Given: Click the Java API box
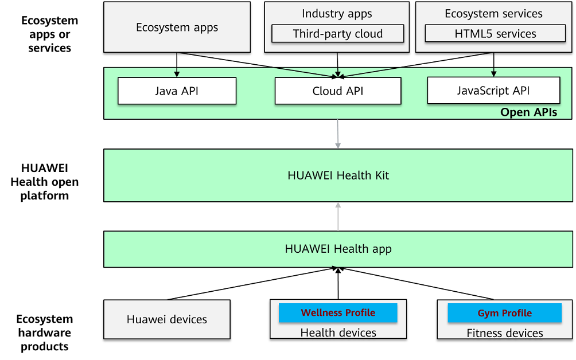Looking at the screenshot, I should click(x=177, y=91).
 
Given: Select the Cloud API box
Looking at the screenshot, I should click(x=337, y=91).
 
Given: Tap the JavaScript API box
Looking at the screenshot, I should click(x=493, y=91).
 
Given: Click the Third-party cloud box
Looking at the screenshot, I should click(x=337, y=34).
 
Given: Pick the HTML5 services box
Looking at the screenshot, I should click(x=495, y=34).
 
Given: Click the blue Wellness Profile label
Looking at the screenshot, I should click(x=338, y=313).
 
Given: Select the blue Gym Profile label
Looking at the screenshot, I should click(x=504, y=314).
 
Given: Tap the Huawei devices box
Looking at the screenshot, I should click(x=166, y=319).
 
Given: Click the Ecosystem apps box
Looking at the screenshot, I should click(x=177, y=28).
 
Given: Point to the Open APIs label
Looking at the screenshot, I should click(x=528, y=112).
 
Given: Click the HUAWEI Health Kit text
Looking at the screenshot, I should click(x=338, y=175).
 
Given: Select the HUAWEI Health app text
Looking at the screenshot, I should click(x=338, y=249).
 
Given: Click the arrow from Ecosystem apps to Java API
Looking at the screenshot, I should click(x=177, y=64).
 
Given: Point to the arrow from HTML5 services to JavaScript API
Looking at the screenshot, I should click(x=493, y=64).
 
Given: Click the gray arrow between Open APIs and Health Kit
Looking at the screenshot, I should click(x=338, y=134).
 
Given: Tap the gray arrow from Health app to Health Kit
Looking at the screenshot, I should click(x=338, y=217).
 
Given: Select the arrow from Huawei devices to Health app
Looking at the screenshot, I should click(x=252, y=283).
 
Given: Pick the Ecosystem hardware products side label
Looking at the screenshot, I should click(x=44, y=332).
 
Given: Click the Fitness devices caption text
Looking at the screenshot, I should click(x=504, y=333).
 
